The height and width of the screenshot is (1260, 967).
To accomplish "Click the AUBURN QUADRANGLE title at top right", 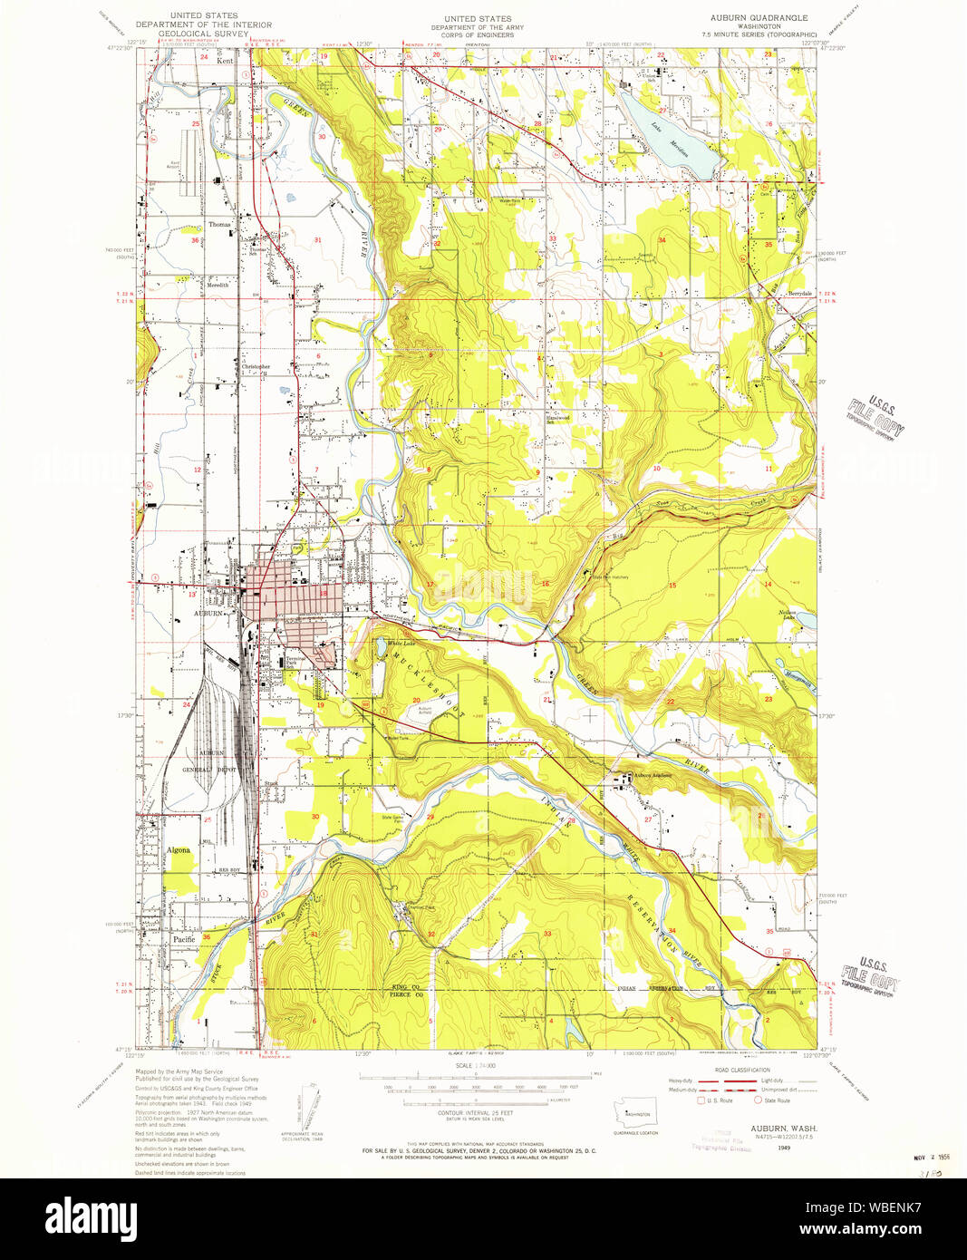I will pyautogui.click(x=758, y=18).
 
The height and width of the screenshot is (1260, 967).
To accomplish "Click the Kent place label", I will pyautogui.click(x=224, y=61).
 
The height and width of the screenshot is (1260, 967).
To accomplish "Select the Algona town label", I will pyautogui.click(x=179, y=850).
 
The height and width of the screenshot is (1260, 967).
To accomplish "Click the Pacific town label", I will pyautogui.click(x=184, y=939).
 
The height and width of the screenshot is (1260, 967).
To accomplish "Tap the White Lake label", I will pyautogui.click(x=400, y=644).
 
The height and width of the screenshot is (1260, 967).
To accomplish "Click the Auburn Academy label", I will pyautogui.click(x=655, y=776).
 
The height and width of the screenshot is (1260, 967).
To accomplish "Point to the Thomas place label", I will pyautogui.click(x=219, y=223).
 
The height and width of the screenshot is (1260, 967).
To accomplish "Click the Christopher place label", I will pyautogui.click(x=256, y=367).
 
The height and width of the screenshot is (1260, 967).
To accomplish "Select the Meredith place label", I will pyautogui.click(x=218, y=285).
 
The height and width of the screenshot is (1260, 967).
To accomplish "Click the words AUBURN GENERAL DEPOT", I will pyautogui.click(x=209, y=761).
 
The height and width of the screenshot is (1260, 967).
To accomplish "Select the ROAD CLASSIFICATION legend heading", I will pyautogui.click(x=741, y=1071).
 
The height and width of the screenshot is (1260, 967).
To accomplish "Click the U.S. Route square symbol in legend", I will pyautogui.click(x=700, y=1100).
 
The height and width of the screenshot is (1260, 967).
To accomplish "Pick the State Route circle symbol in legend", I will pyautogui.click(x=759, y=1100).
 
